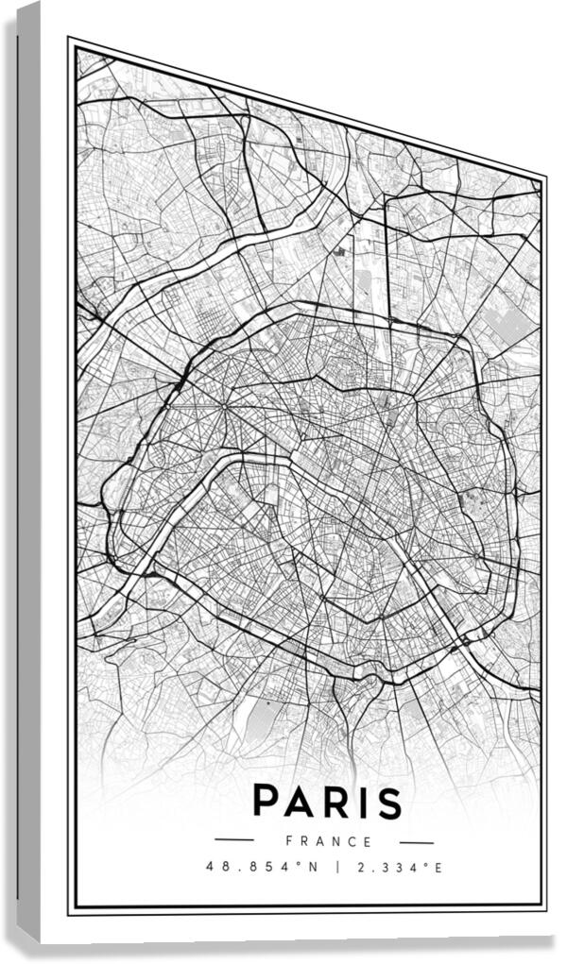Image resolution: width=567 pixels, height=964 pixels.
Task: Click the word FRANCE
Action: (328, 841)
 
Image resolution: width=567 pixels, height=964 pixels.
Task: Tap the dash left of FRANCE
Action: (234, 840)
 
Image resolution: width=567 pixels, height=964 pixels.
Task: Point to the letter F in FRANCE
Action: (289, 841)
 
